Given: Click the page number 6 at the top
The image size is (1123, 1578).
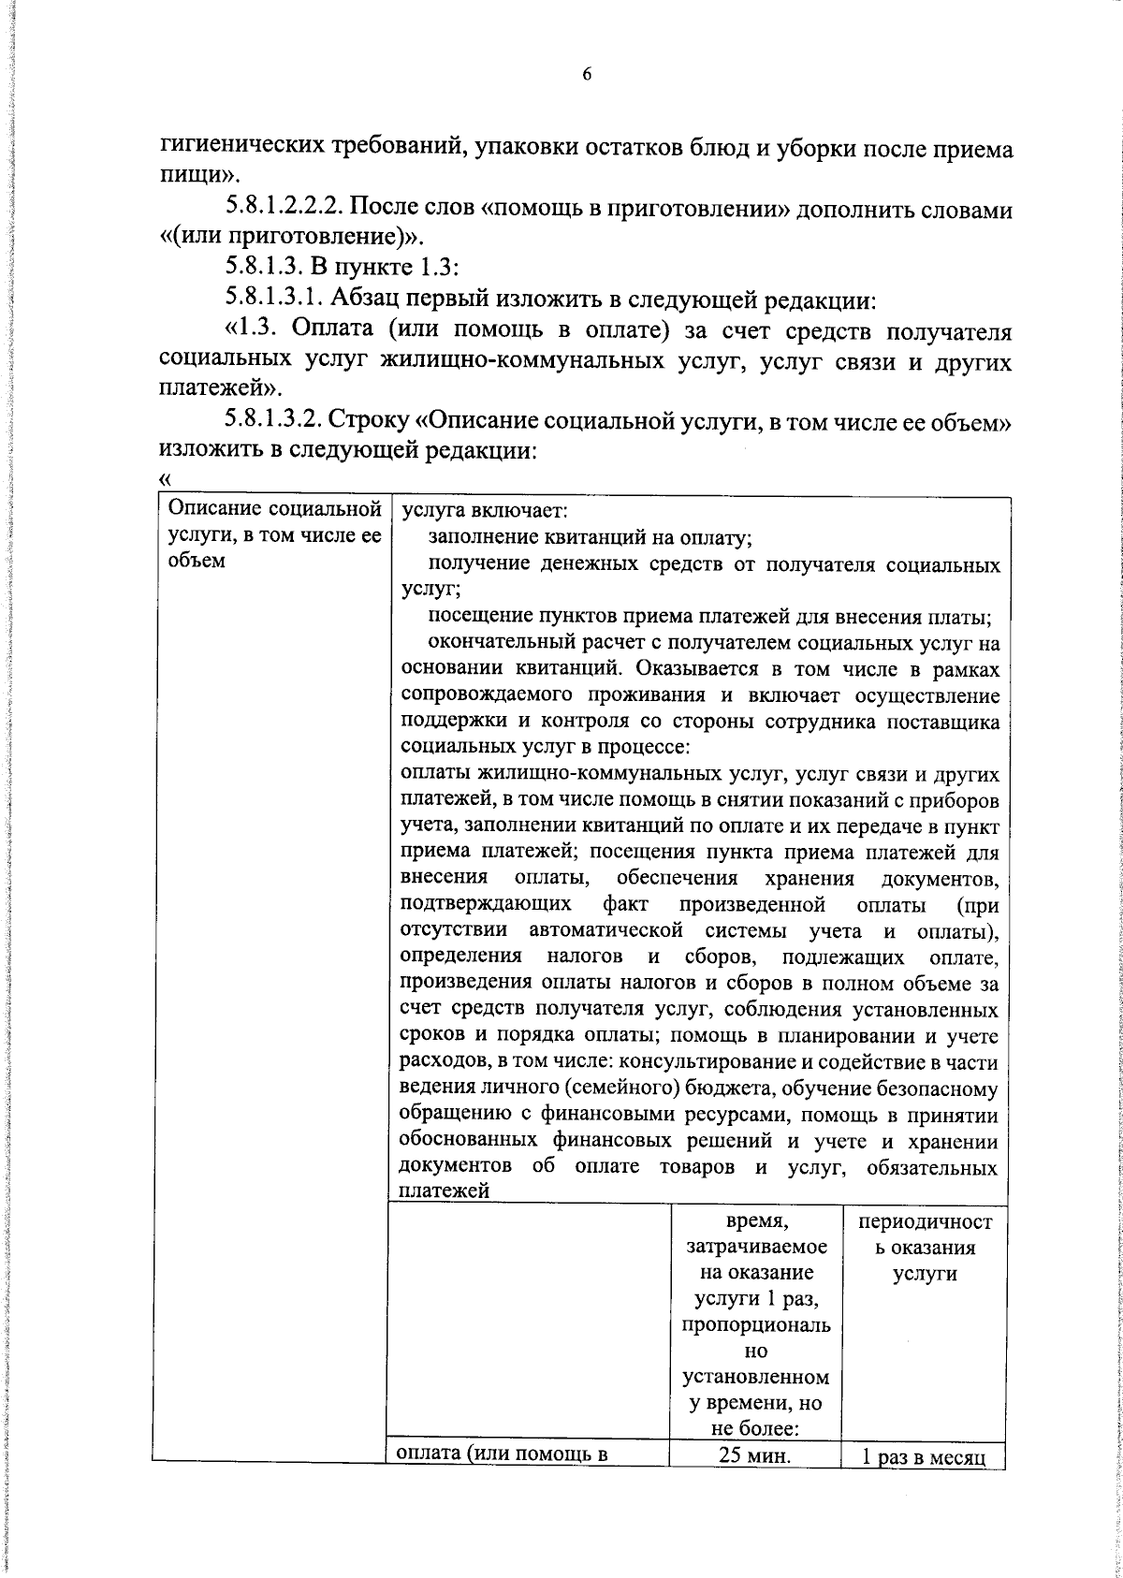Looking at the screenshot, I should click(x=587, y=76).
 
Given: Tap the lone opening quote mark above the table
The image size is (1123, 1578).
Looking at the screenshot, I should click(x=166, y=478).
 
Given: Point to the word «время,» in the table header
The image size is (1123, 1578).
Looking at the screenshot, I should click(x=756, y=1222).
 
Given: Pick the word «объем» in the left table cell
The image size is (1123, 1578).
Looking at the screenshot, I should click(x=197, y=562).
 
